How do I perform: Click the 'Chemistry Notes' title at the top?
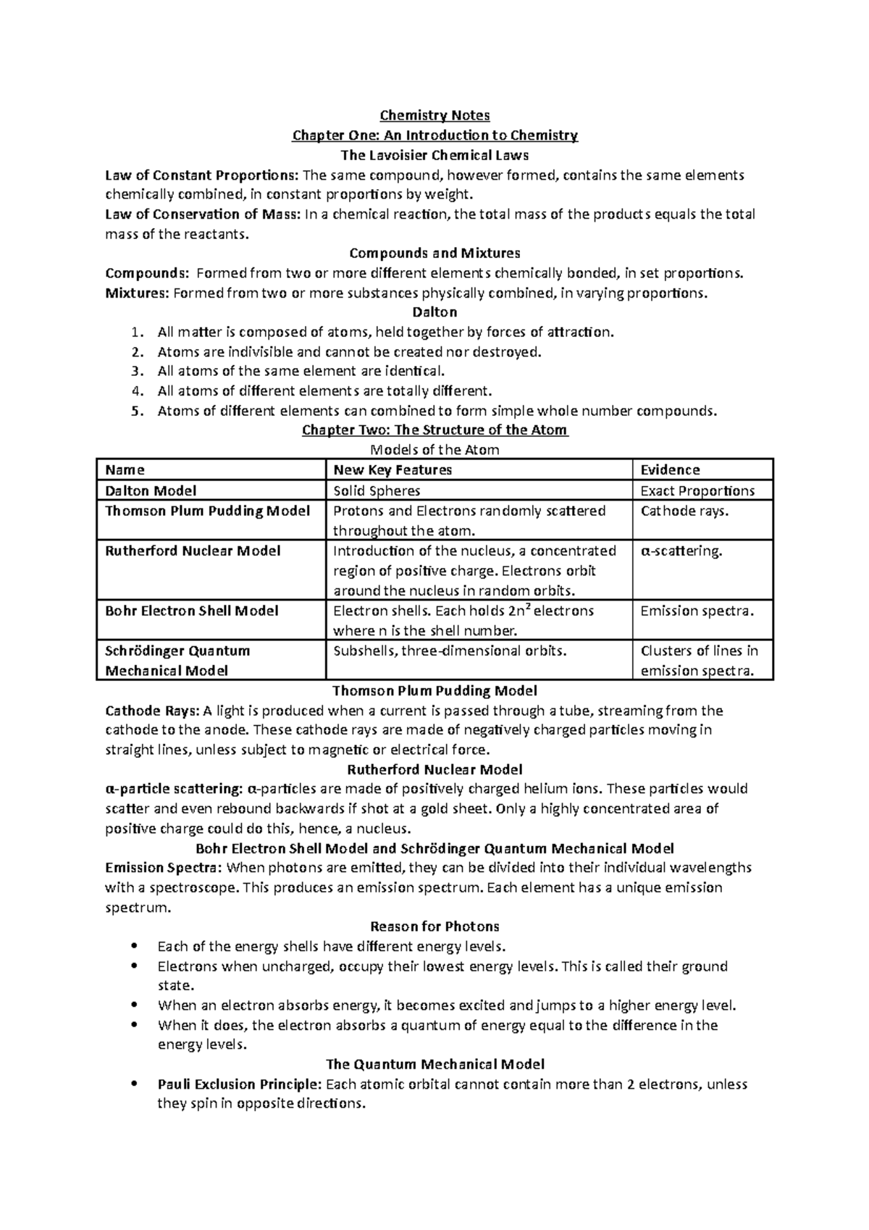[x=434, y=115]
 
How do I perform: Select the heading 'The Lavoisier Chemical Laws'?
[x=434, y=155]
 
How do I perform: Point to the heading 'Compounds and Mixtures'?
[x=434, y=254]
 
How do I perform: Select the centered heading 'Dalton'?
[x=434, y=313]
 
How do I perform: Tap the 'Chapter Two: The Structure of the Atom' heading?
[x=434, y=430]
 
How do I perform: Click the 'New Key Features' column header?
[x=392, y=470]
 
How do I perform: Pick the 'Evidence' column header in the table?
[x=670, y=470]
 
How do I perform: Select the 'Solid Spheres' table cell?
[x=377, y=491]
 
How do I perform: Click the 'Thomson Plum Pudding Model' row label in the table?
[x=207, y=511]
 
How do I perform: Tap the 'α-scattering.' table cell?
[x=681, y=551]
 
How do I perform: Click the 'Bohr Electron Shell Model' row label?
[x=192, y=611]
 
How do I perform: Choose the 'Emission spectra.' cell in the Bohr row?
[x=697, y=611]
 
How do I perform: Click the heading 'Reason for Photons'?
[x=434, y=926]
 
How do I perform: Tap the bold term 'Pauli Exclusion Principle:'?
[x=240, y=1084]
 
